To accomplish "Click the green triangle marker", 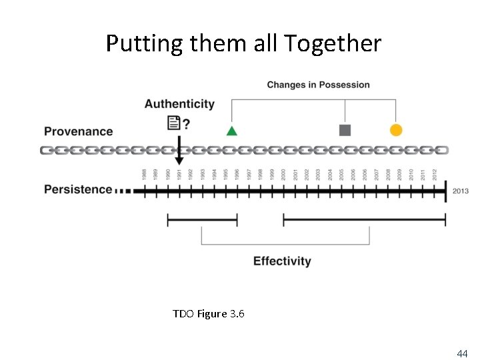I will coord(231,130).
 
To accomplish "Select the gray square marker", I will coord(345,130).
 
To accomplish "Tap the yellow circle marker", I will coord(396,130).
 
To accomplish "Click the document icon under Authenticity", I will coord(173,123).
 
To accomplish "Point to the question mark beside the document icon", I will coord(186,123).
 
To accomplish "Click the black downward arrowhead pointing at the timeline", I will coord(179,161).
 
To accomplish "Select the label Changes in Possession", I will coord(318,85).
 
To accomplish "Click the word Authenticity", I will coord(179,104).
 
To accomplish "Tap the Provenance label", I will coord(78,131).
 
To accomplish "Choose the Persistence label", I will coord(78,189).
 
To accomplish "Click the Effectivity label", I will coord(282,261).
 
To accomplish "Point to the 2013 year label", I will coord(460,191).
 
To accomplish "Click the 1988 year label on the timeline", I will coord(144,175).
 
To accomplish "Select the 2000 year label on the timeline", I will coord(284,175).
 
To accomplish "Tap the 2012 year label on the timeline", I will coord(435,175).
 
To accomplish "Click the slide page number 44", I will coord(461,353).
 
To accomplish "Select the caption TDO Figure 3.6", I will coord(208,313).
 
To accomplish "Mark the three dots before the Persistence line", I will coord(123,191).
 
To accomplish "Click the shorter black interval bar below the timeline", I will coord(202,219).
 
